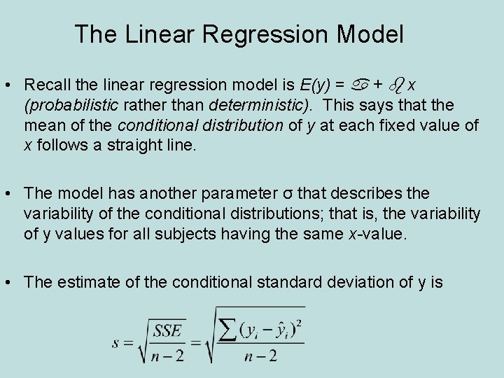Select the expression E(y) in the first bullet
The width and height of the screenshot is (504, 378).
pos(314,85)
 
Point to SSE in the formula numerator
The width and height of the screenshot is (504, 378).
pos(168,330)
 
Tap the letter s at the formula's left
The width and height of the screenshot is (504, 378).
pos(116,343)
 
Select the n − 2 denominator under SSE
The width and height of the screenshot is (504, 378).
pos(168,356)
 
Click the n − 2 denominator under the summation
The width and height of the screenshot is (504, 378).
pos(260,356)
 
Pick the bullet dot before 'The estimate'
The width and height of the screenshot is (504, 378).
pos(10,283)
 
